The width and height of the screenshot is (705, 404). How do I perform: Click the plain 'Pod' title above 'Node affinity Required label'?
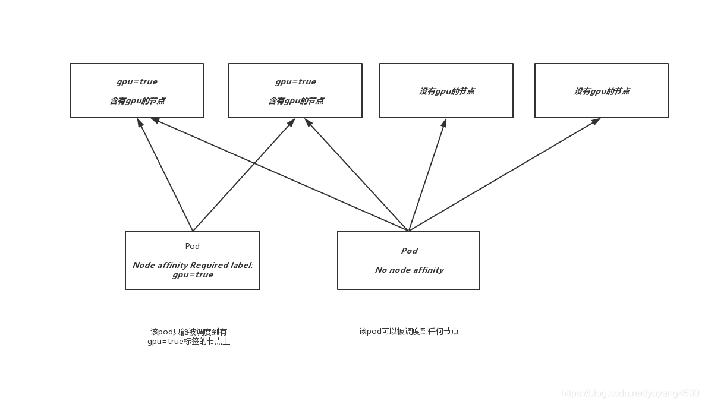(x=193, y=246)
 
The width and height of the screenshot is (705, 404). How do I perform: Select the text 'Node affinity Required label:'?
(x=193, y=265)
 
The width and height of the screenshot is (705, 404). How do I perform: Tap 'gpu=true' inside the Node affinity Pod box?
(x=193, y=275)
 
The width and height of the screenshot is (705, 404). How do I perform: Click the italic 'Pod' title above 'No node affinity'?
(x=409, y=251)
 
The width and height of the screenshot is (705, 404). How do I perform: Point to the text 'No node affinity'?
(x=409, y=270)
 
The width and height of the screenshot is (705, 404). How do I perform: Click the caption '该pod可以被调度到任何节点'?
(x=409, y=332)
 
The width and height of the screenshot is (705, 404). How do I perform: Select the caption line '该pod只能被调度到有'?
(x=189, y=332)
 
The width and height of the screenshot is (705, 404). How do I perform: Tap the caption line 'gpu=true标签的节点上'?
(x=189, y=342)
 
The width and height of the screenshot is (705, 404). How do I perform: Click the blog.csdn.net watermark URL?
(x=630, y=393)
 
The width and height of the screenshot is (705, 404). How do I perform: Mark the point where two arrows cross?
(x=255, y=162)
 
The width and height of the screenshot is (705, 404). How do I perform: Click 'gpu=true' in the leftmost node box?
(x=137, y=82)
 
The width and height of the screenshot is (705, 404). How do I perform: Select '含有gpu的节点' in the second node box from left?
(x=295, y=101)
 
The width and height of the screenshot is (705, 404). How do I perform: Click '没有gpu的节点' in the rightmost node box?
(x=602, y=91)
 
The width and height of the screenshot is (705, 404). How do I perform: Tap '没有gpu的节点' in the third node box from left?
(x=446, y=91)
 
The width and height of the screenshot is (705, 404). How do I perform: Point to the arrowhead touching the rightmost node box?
(x=596, y=121)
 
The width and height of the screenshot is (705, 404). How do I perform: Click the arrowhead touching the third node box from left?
(x=444, y=122)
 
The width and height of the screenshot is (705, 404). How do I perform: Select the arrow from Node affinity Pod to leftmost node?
(x=165, y=175)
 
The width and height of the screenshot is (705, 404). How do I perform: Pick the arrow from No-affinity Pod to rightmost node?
(x=505, y=174)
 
